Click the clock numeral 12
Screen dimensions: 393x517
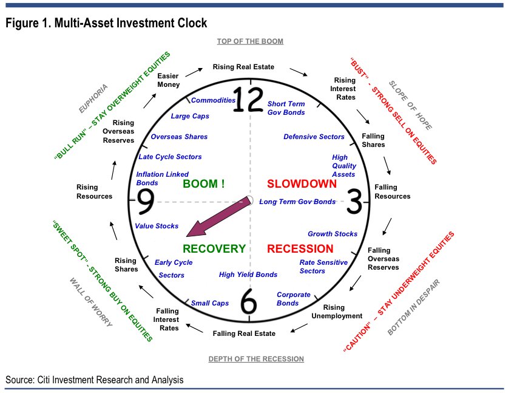(249, 100)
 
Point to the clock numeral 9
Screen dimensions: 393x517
(144, 201)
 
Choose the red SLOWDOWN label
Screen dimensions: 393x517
(302, 183)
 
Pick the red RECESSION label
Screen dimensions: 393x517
(300, 248)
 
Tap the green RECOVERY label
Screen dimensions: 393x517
(214, 248)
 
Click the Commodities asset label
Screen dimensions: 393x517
(213, 100)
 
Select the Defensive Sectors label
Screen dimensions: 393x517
(314, 137)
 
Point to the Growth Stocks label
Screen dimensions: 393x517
(333, 234)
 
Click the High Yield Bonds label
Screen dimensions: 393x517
(248, 275)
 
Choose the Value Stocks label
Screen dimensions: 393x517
(157, 226)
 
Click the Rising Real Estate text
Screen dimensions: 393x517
(243, 67)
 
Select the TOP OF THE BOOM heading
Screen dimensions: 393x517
(250, 41)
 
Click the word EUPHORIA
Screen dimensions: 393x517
(93, 99)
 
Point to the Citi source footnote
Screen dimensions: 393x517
(94, 380)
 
